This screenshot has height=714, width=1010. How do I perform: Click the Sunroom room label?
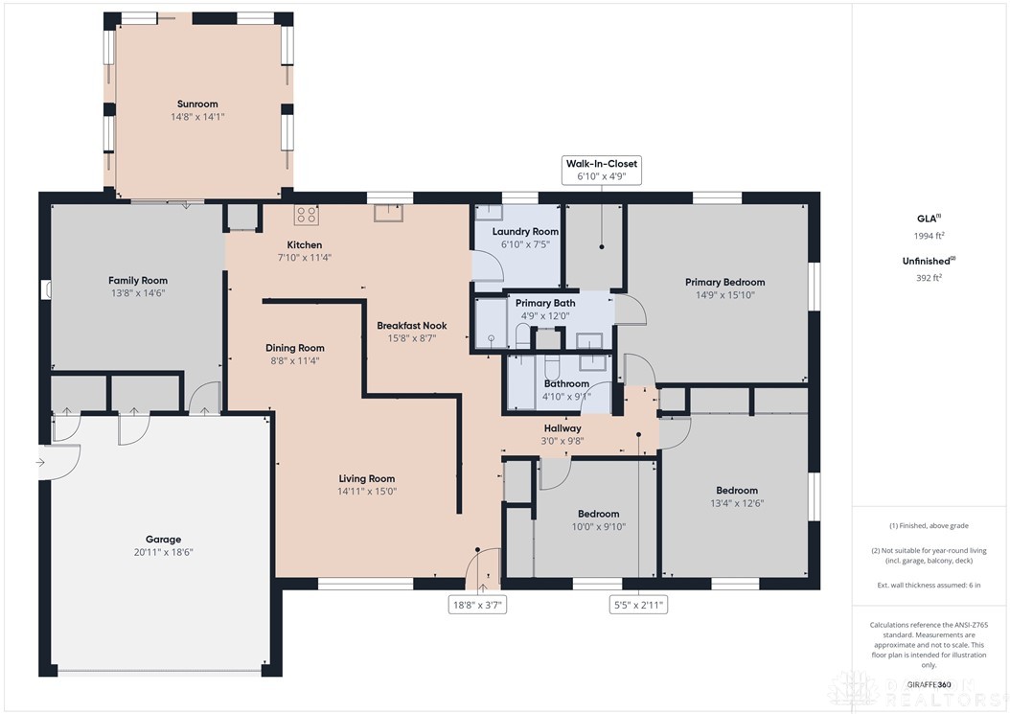click(x=197, y=104)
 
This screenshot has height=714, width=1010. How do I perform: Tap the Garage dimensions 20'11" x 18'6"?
click(x=163, y=552)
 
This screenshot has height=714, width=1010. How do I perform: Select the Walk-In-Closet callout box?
click(x=601, y=171)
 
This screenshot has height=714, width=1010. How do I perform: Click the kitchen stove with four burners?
click(x=307, y=214)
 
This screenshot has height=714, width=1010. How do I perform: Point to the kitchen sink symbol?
click(x=389, y=213)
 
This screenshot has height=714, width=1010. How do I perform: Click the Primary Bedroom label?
click(x=724, y=282)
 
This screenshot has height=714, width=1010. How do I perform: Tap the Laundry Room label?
click(x=525, y=232)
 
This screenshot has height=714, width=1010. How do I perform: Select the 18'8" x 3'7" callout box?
click(x=477, y=605)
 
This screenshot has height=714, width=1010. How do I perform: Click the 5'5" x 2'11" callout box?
click(x=638, y=605)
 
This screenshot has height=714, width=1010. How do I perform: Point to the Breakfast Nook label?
click(x=411, y=325)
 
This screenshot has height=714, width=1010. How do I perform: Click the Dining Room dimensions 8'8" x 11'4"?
click(x=294, y=361)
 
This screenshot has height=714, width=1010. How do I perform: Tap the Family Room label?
click(x=138, y=280)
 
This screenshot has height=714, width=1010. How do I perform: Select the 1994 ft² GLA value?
click(x=930, y=236)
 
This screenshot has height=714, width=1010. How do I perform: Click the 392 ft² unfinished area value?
click(x=930, y=277)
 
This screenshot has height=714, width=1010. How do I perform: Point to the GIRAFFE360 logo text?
click(x=930, y=684)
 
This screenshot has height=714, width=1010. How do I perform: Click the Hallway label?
click(x=562, y=428)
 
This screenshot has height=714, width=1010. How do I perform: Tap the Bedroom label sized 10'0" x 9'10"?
click(x=597, y=514)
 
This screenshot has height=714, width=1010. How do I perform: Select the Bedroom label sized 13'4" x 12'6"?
click(x=735, y=491)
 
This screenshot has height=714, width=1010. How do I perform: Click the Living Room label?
click(x=366, y=478)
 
